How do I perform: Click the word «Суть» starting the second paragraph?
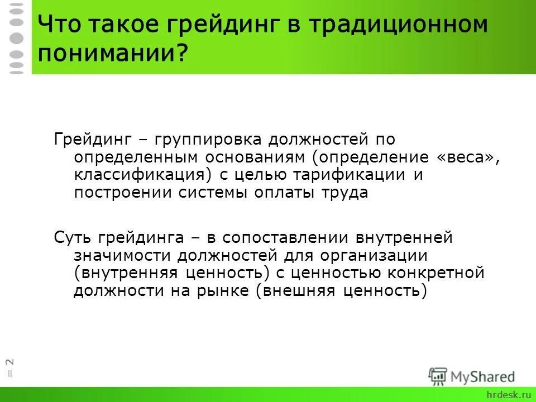[x=74, y=237]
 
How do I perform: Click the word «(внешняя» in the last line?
[x=293, y=291]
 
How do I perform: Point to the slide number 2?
[x=10, y=361]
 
